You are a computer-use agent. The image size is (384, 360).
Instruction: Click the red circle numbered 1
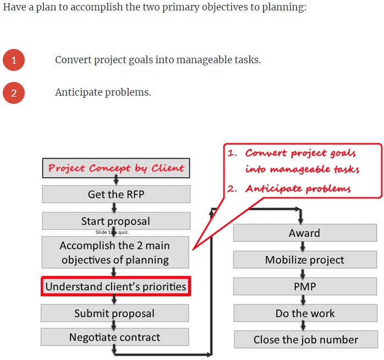pyautogui.click(x=14, y=60)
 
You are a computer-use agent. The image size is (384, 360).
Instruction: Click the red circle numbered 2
pyautogui.click(x=14, y=93)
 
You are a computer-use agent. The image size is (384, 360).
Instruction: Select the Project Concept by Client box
pyautogui.click(x=116, y=168)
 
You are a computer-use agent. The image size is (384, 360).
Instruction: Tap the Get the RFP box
pyautogui.click(x=116, y=194)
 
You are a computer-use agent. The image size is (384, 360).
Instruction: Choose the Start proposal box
pyautogui.click(x=116, y=221)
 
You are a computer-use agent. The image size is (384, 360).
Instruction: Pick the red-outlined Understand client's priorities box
pyautogui.click(x=116, y=286)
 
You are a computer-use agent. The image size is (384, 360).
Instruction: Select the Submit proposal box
pyautogui.click(x=115, y=313)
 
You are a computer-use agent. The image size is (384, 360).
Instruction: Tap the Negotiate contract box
pyautogui.click(x=115, y=337)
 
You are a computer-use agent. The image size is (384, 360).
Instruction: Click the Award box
pyautogui.click(x=305, y=233)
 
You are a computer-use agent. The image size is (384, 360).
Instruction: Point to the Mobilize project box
pyautogui.click(x=305, y=260)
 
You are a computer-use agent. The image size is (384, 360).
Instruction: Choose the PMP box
pyautogui.click(x=305, y=286)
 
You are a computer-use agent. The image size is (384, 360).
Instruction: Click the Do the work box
pyautogui.click(x=305, y=313)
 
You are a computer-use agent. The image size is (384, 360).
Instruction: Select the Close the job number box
pyautogui.click(x=305, y=340)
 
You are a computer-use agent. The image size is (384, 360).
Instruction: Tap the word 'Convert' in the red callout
pyautogui.click(x=266, y=153)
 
